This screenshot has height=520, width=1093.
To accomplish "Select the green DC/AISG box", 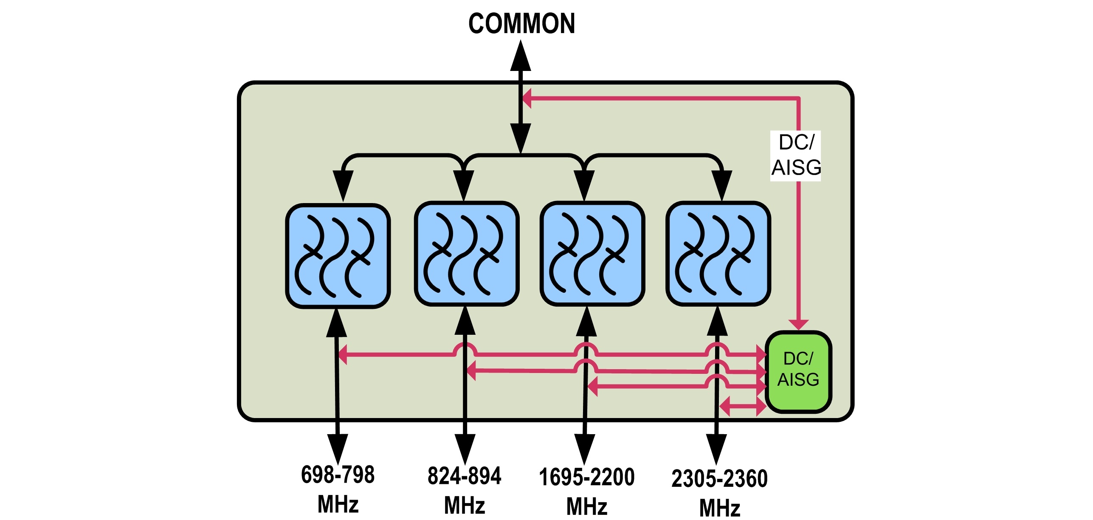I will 798,371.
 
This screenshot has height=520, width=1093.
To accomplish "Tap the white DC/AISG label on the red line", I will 796,155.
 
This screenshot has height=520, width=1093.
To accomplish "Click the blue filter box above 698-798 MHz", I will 338,256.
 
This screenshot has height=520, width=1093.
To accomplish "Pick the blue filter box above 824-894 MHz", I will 467,254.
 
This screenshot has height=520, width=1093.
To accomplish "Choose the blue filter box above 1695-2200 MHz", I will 592,254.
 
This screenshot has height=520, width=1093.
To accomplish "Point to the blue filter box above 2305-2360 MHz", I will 718,254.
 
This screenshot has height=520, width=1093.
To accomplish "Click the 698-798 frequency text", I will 338,475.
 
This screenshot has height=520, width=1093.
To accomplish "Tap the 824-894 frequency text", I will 464,476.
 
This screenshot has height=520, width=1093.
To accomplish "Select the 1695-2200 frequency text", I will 586,477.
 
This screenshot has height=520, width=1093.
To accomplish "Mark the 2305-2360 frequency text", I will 719,479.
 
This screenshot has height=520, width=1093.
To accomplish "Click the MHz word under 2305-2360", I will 720,508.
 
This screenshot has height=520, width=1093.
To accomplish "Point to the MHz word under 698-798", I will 338,504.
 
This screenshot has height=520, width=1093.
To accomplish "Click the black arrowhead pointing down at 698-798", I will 338,449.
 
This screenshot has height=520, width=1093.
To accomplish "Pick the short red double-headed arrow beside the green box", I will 743,407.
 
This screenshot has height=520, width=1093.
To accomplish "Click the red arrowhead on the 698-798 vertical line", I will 343,354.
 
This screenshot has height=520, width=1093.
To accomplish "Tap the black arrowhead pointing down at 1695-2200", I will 585,449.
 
